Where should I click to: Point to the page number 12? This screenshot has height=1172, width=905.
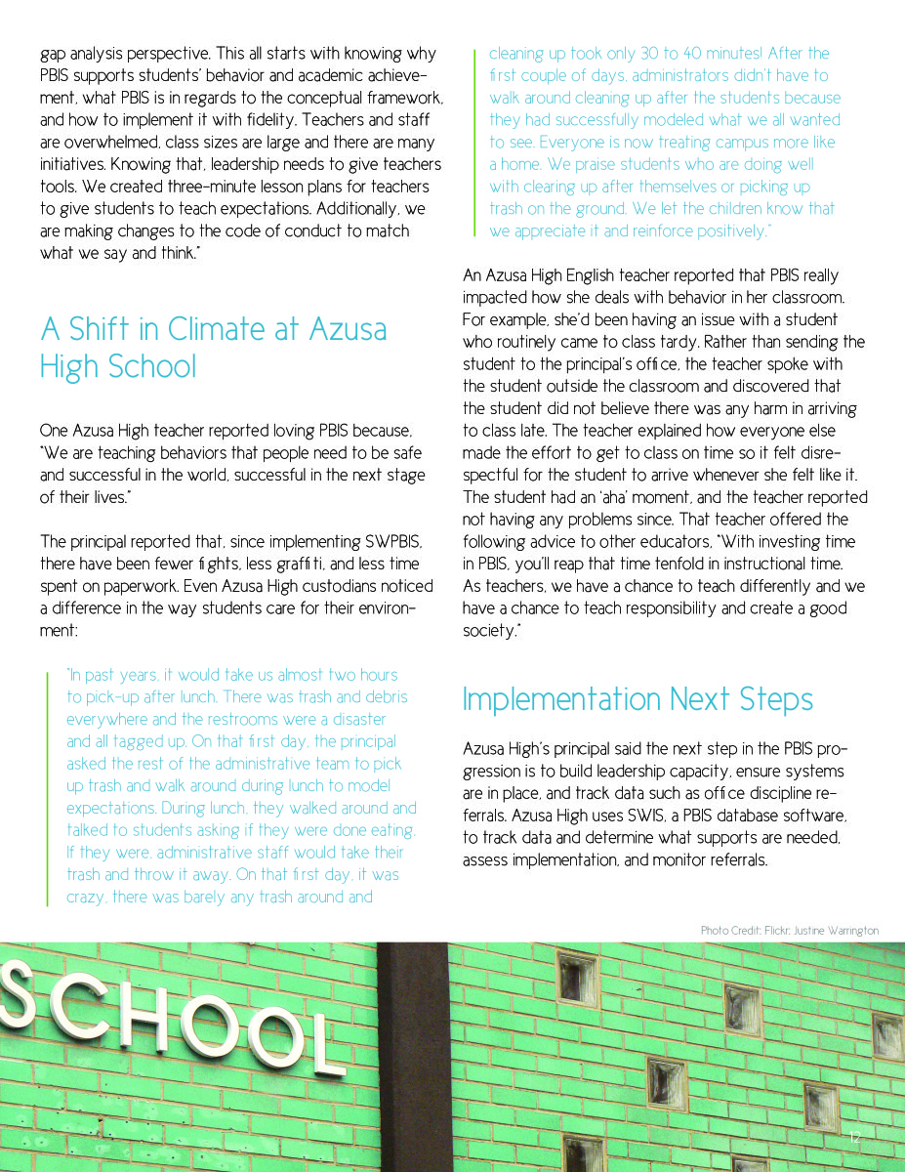click(x=855, y=1137)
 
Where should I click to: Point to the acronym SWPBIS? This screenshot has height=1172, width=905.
click(x=387, y=541)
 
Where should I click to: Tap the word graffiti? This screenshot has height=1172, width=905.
click(x=268, y=564)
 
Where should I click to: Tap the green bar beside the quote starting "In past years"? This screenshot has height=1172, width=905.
click(x=47, y=787)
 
